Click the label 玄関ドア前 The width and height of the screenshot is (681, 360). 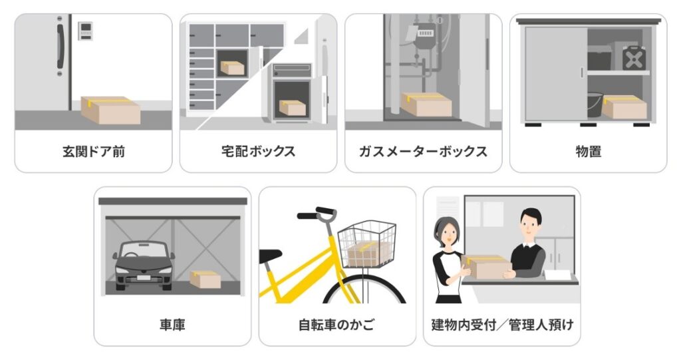click(93, 152)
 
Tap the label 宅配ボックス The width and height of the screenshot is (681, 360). click(258, 151)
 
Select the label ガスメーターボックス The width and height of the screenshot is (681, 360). click(423, 151)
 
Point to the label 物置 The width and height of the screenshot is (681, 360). click(588, 152)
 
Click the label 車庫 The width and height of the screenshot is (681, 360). click(172, 325)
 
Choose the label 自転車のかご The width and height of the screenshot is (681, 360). click(337, 325)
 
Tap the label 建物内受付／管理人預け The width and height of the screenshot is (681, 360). click(502, 325)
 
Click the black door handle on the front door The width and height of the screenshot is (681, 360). click(61, 46)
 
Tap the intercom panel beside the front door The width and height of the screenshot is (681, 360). click(86, 31)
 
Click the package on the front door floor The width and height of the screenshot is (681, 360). click(110, 110)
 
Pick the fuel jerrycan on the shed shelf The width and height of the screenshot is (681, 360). click(634, 59)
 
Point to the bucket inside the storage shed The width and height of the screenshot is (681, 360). click(595, 104)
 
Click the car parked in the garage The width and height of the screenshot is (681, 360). click(144, 266)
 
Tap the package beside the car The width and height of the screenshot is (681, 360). click(205, 279)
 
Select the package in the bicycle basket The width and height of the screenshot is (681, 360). click(369, 254)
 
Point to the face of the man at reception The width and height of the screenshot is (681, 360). click(528, 227)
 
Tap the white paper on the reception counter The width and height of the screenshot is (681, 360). click(558, 275)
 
